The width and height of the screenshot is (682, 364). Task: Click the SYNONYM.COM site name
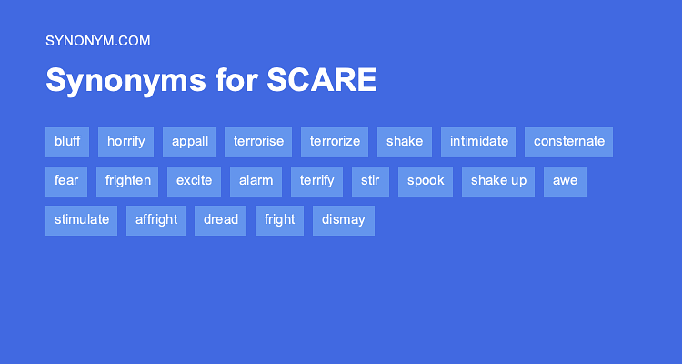(97, 40)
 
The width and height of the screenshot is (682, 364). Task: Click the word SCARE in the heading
(322, 80)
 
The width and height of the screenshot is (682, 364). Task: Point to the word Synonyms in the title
(125, 80)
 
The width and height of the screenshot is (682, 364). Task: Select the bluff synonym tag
(67, 142)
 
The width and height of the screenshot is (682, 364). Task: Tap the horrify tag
(126, 142)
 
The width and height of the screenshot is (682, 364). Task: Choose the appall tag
(189, 142)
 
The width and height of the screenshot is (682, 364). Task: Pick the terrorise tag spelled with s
(258, 142)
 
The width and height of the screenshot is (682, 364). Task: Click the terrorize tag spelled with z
(335, 142)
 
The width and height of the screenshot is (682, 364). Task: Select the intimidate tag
(478, 142)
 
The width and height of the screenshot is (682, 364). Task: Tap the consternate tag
(569, 142)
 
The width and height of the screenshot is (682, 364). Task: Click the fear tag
(66, 181)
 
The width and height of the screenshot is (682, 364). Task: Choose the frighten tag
(128, 181)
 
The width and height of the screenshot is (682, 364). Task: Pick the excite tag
(195, 181)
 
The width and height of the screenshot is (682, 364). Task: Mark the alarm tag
(256, 181)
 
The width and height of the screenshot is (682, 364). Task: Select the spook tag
(426, 181)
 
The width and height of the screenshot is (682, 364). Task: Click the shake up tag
(498, 181)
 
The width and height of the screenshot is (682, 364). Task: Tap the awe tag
(566, 181)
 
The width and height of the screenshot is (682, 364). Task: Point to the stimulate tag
(82, 220)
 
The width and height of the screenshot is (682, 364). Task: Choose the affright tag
(156, 220)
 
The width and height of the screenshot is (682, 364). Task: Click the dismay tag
(344, 220)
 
